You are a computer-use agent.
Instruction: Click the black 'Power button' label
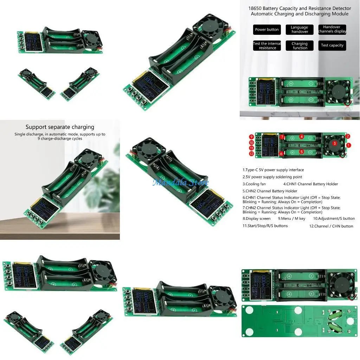(x=267, y=30)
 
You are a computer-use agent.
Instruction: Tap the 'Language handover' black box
(x=300, y=30)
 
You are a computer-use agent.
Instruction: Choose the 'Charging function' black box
(x=300, y=46)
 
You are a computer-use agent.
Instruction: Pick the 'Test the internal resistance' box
(x=267, y=46)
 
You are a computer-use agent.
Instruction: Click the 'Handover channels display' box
(x=332, y=29)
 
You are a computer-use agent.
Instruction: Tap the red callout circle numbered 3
(x=335, y=143)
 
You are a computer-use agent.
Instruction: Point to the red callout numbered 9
(x=251, y=137)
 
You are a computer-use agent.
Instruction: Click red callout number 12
(x=251, y=154)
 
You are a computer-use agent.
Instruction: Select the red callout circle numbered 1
(x=348, y=145)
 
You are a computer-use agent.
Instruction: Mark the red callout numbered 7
(x=282, y=137)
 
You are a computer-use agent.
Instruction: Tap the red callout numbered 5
(x=302, y=152)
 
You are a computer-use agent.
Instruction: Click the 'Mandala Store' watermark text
(x=180, y=182)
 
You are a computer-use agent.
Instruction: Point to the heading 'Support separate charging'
(x=60, y=127)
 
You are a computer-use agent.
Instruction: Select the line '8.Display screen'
(x=257, y=219)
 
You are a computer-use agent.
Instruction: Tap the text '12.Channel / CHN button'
(x=331, y=226)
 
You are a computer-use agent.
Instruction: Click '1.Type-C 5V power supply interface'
(x=273, y=170)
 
